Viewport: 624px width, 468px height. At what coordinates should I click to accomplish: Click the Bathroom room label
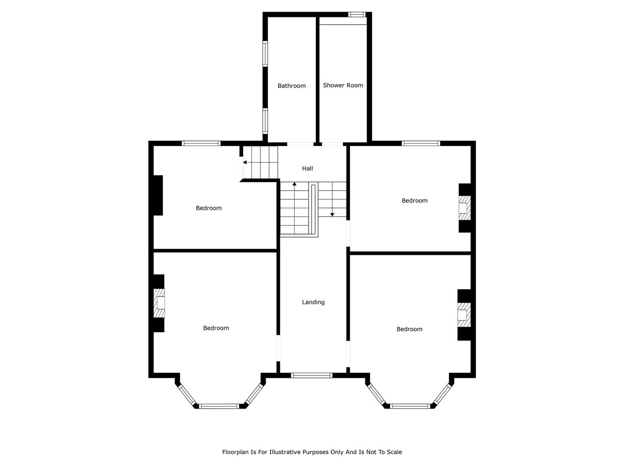[291, 86]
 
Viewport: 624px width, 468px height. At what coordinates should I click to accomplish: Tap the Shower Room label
[343, 85]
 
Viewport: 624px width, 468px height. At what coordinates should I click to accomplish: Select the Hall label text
[307, 169]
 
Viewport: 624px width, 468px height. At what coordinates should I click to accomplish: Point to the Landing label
[313, 302]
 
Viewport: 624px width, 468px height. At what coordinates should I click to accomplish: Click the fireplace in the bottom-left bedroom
[159, 303]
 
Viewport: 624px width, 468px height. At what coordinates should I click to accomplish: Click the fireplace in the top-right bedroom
[465, 208]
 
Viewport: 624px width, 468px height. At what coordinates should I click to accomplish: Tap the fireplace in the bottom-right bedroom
[464, 315]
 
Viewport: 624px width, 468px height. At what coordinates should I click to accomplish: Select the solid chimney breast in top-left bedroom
[158, 195]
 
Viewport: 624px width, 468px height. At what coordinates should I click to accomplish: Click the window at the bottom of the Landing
[311, 375]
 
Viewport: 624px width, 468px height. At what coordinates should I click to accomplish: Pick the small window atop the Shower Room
[357, 14]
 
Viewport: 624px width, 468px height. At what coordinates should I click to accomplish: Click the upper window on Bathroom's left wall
[265, 54]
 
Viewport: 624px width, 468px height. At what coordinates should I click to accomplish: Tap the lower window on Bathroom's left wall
[265, 121]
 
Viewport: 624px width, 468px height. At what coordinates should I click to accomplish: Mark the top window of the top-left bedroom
[201, 143]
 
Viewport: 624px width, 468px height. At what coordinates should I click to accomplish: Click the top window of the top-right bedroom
[421, 143]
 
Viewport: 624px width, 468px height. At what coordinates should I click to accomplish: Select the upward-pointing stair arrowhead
[294, 184]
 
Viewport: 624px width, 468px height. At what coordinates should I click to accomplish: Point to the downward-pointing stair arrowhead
[332, 215]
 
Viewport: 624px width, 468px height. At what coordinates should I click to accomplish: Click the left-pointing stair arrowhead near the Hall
[244, 162]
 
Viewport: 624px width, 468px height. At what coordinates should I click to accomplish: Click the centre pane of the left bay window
[219, 406]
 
